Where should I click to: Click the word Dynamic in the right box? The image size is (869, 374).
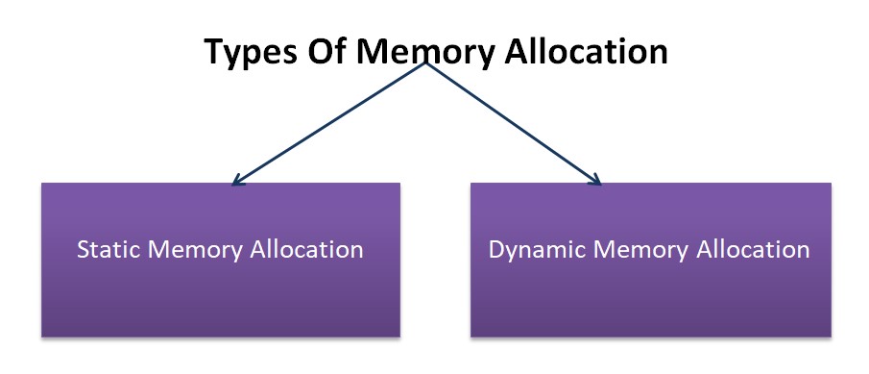(533, 250)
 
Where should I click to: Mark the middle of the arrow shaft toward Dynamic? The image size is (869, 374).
(514, 123)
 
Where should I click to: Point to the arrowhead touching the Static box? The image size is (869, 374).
(238, 180)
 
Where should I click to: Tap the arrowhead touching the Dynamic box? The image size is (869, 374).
(595, 180)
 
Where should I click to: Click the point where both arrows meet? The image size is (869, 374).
(425, 64)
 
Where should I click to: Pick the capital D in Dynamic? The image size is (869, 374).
(496, 250)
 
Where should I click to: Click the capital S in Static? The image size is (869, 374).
(83, 250)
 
